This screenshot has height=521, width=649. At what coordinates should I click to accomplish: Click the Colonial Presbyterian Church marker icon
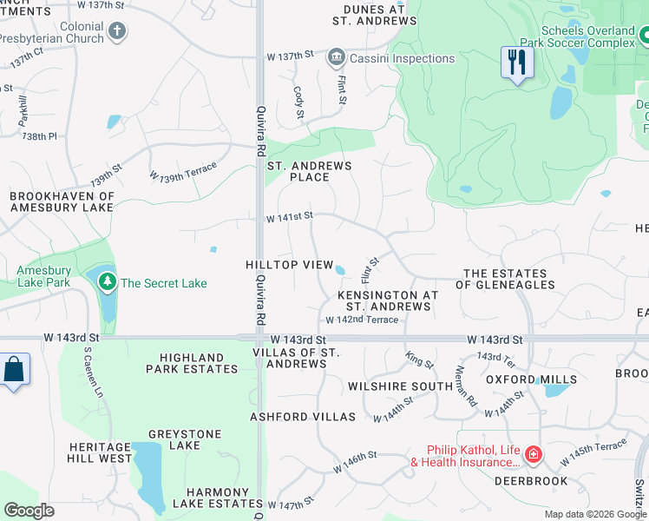(x=117, y=32)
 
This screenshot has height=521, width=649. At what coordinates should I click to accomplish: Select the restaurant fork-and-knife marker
(x=517, y=63)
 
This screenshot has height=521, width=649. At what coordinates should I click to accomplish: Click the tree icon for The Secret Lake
(x=107, y=282)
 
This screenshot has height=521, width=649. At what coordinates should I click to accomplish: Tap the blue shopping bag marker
(x=14, y=369)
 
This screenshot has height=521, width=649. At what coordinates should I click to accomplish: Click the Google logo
(x=29, y=511)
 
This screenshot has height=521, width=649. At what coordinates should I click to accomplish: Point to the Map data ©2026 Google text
(x=594, y=514)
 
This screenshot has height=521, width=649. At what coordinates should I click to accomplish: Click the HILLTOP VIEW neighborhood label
(x=289, y=264)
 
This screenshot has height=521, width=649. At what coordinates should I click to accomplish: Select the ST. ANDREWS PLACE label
(x=309, y=171)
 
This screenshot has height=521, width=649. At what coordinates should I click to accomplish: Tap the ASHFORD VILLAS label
(x=303, y=417)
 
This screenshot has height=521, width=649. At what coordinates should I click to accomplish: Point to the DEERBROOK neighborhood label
(x=531, y=480)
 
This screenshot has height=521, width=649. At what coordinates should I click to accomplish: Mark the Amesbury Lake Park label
(x=43, y=276)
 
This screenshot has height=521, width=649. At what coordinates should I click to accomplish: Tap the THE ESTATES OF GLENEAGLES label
(x=508, y=279)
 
